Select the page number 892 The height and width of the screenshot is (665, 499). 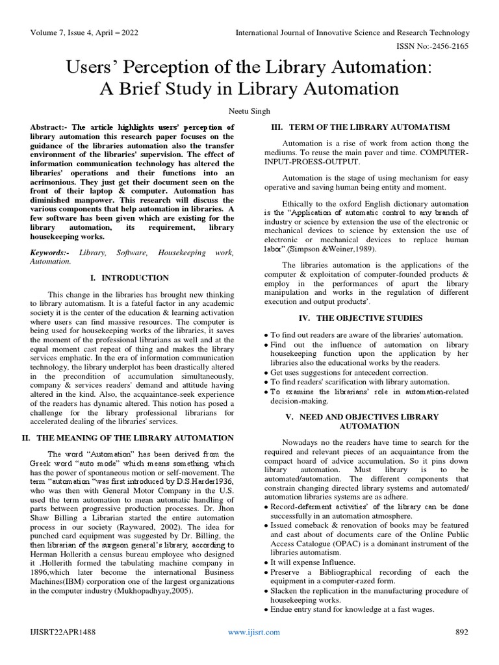pyautogui.click(x=461, y=632)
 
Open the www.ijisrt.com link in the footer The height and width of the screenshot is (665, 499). pyautogui.click(x=253, y=632)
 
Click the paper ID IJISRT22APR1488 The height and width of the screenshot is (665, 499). pyautogui.click(x=62, y=632)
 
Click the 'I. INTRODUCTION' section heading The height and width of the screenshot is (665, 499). pyautogui.click(x=129, y=278)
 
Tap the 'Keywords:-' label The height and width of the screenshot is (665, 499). pyautogui.click(x=51, y=251)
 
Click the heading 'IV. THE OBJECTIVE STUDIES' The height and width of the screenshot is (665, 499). pyautogui.click(x=360, y=318)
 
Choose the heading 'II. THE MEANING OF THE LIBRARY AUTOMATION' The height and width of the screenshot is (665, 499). pyautogui.click(x=128, y=438)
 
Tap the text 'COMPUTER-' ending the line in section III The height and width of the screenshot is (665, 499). pyautogui.click(x=444, y=153)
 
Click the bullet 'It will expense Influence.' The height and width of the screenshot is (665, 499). pyautogui.click(x=305, y=562)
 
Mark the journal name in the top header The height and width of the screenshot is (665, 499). pyautogui.click(x=352, y=32)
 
